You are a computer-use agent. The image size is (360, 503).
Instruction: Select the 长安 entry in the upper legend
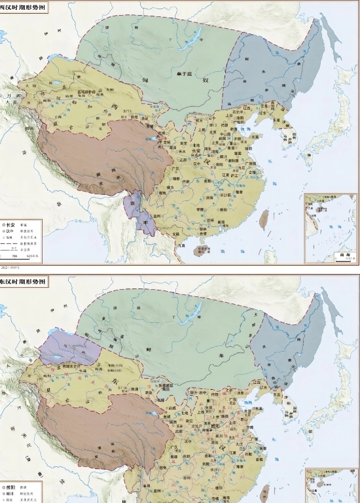tap(12, 223)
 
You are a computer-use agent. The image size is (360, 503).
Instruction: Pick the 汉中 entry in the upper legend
tap(12, 230)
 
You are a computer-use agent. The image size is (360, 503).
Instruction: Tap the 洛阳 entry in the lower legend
tap(12, 488)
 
